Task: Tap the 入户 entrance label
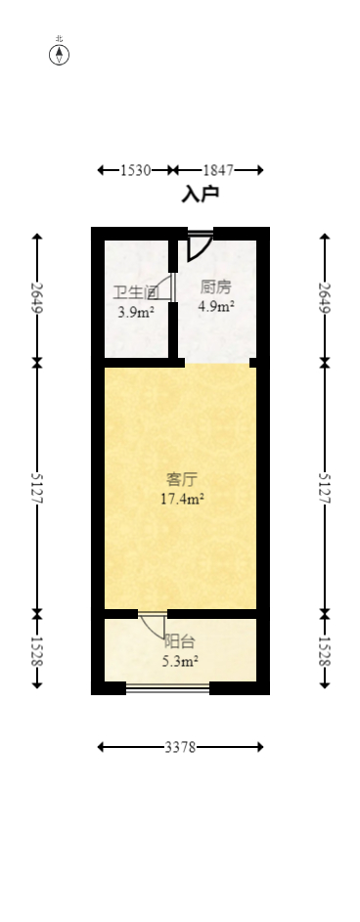click(200, 194)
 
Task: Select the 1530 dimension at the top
click(135, 170)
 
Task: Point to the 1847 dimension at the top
click(219, 170)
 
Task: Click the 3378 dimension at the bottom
click(180, 747)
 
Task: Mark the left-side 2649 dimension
click(37, 297)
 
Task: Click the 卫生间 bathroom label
click(135, 292)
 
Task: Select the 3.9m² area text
click(135, 313)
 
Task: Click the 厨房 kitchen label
click(215, 286)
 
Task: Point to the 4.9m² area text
click(215, 306)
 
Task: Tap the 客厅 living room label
click(182, 479)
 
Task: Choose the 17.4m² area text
click(182, 500)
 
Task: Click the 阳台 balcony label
click(180, 641)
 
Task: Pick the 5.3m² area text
click(180, 662)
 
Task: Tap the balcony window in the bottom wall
click(167, 688)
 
